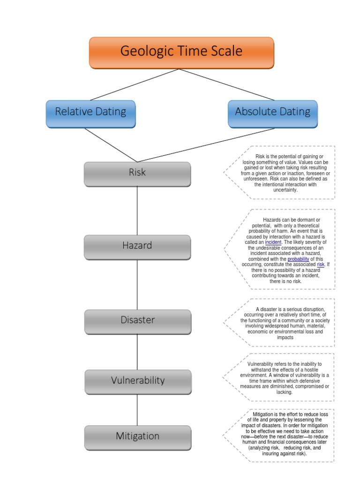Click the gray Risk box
pyautogui.click(x=137, y=173)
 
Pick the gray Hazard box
pyautogui.click(x=137, y=246)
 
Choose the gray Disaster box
pyautogui.click(x=137, y=321)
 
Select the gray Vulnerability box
pyautogui.click(x=137, y=381)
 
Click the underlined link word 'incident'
pyautogui.click(x=273, y=242)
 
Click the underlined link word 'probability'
pyautogui.click(x=299, y=259)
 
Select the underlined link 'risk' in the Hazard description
pyautogui.click(x=321, y=265)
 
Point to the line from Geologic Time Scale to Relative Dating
pyautogui.click(x=135, y=84)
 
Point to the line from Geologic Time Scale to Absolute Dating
pyautogui.click(x=227, y=84)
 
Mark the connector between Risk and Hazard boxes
pyautogui.click(x=137, y=210)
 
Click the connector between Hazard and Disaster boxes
pyautogui.click(x=137, y=284)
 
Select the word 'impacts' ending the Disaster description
pyautogui.click(x=285, y=337)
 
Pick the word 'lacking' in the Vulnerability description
pyautogui.click(x=285, y=392)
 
